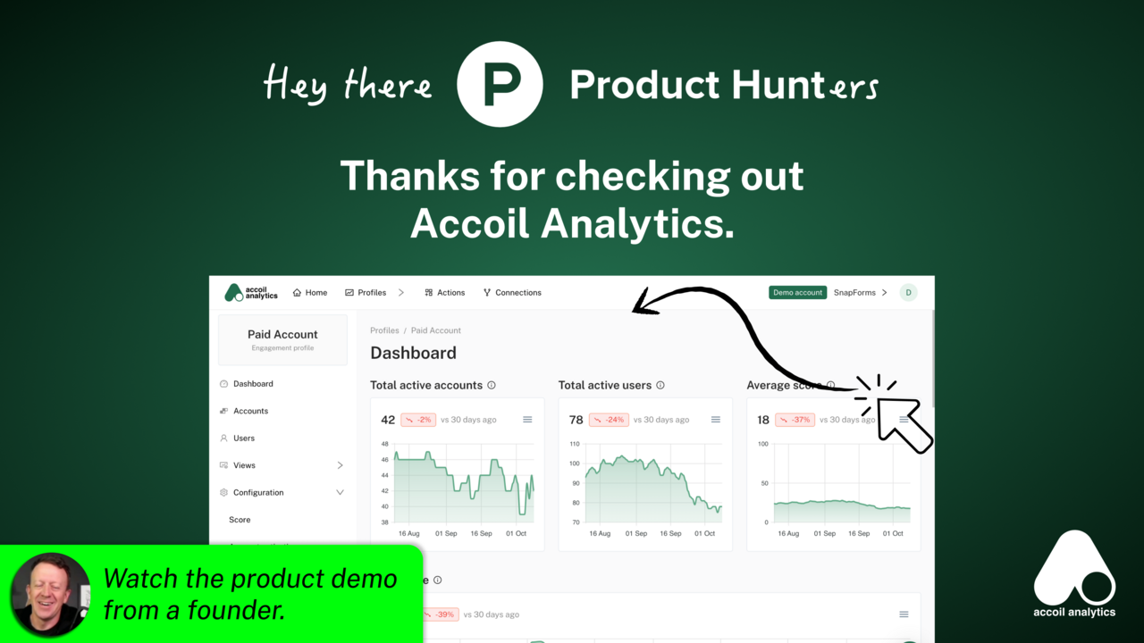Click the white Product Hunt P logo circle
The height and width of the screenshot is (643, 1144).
pos(500,84)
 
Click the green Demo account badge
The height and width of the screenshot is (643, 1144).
pos(797,293)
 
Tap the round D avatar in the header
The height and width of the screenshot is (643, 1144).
pos(908,293)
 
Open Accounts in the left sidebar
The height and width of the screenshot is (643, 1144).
pos(250,411)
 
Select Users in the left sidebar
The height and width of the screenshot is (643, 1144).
pos(244,438)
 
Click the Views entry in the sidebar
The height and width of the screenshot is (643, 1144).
pos(244,465)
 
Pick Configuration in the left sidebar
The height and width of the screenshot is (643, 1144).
pos(258,493)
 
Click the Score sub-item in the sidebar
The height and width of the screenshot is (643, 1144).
pos(240,520)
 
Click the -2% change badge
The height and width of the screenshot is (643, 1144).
pos(418,420)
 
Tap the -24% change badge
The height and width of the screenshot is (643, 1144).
pos(609,420)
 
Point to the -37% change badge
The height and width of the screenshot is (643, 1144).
pos(795,420)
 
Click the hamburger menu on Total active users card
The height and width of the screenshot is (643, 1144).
pos(716,420)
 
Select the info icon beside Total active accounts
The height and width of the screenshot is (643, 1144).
pos(491,386)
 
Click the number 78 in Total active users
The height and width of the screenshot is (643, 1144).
pos(576,420)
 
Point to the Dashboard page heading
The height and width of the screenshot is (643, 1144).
pos(413,353)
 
